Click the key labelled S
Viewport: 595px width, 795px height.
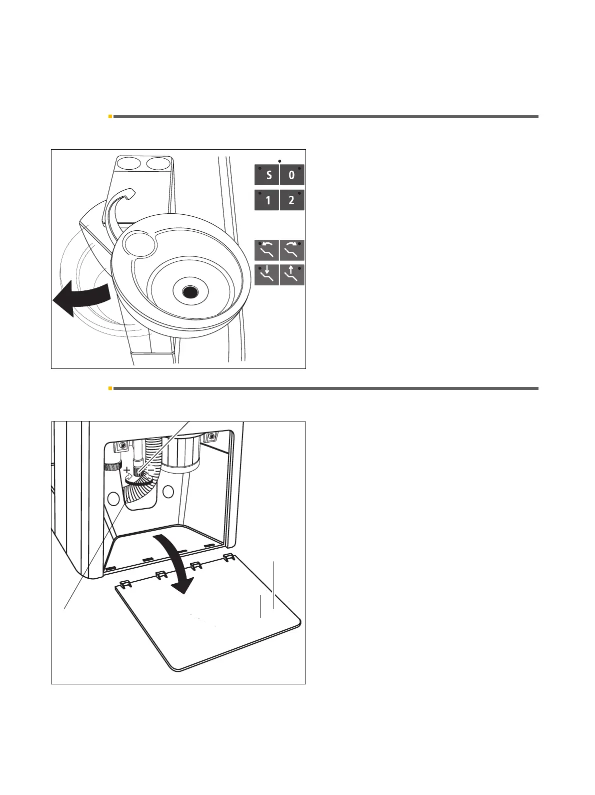267,176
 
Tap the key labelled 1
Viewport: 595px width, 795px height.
267,201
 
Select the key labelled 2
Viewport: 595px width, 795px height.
292,201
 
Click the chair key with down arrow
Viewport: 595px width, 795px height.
267,275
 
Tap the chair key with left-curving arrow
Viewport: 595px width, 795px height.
267,250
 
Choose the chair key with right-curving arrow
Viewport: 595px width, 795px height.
292,250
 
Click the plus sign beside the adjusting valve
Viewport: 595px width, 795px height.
127,470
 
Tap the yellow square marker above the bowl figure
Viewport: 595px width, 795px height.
110,117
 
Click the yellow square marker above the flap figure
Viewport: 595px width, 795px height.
110,388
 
